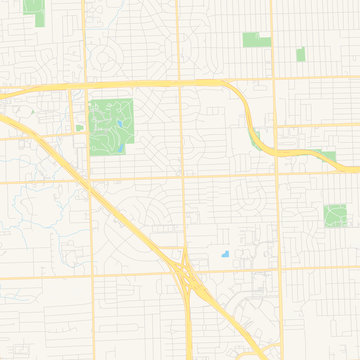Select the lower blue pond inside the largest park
click(120, 148)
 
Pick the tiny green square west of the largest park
click(79, 127)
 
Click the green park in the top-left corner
click(35, 12)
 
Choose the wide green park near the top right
click(256, 40)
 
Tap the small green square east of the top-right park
click(300, 54)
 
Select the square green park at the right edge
click(335, 214)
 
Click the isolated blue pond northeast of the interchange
click(225, 253)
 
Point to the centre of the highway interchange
click(186, 271)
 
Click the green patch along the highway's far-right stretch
click(326, 156)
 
